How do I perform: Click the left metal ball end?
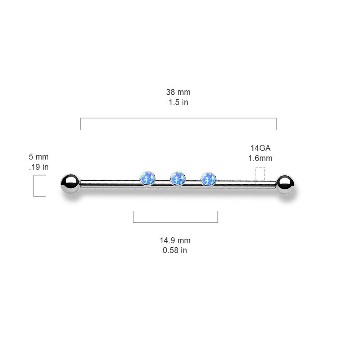point(71,184)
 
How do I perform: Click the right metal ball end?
point(285,185)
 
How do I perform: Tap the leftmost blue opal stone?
point(148,179)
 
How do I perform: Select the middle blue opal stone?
point(178,179)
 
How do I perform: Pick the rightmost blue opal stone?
point(208,179)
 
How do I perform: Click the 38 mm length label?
point(178,92)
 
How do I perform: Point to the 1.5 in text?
point(179,102)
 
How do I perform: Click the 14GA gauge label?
point(260,148)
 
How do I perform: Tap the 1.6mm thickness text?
point(260,158)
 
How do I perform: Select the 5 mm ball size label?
point(39,157)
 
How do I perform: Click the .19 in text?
point(39,167)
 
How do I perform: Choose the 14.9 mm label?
point(175,240)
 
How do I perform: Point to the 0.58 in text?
point(175,250)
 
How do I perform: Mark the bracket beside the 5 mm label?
point(34,186)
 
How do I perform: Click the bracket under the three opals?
point(175,222)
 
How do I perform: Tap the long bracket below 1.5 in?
point(179,118)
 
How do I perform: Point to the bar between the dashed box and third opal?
point(236,184)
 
